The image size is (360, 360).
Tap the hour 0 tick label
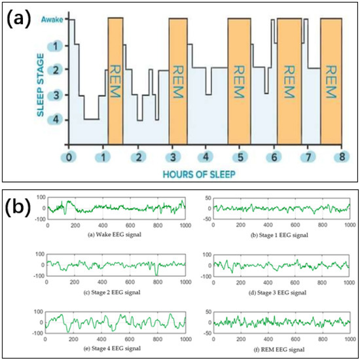(x=69, y=157)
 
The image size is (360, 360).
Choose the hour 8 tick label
(x=342, y=157)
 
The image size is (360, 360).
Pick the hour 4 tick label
(x=206, y=157)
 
